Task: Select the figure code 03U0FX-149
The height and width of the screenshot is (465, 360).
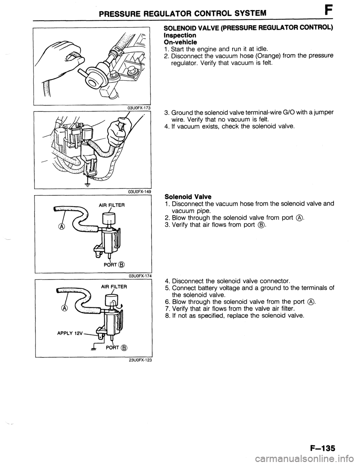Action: click(x=139, y=191)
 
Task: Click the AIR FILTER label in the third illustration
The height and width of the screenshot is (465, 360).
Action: click(x=112, y=205)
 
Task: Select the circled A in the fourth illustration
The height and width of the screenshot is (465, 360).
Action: click(x=63, y=308)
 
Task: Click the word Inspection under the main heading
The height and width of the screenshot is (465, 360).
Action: click(x=180, y=35)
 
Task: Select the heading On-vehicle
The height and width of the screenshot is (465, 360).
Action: click(x=180, y=42)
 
